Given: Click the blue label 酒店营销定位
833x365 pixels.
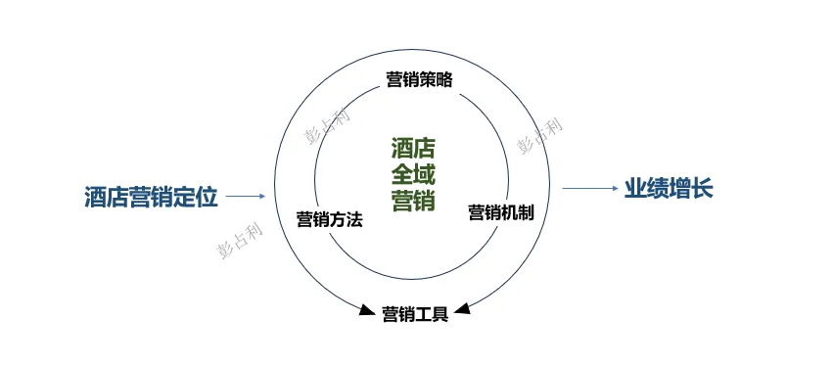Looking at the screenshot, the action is (x=150, y=196).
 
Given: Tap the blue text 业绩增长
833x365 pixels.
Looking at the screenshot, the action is (x=669, y=188).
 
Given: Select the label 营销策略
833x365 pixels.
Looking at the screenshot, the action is (x=419, y=79).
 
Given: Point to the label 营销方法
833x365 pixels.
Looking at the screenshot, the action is (x=329, y=219).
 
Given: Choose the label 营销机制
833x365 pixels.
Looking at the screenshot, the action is (x=501, y=211).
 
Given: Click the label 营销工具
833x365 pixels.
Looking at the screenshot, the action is (x=415, y=314).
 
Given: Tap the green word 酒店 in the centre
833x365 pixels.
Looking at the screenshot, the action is (x=412, y=149).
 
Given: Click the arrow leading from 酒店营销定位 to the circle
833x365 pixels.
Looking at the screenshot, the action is (x=246, y=197).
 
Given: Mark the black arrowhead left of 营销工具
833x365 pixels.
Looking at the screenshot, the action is (x=369, y=311).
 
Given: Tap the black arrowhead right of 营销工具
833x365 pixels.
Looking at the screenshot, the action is (x=462, y=310).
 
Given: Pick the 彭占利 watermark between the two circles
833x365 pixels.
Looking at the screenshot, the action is (x=326, y=124).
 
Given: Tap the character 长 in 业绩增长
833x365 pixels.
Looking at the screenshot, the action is (x=702, y=188).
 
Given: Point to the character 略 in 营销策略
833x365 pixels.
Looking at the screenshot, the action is (x=444, y=79).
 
